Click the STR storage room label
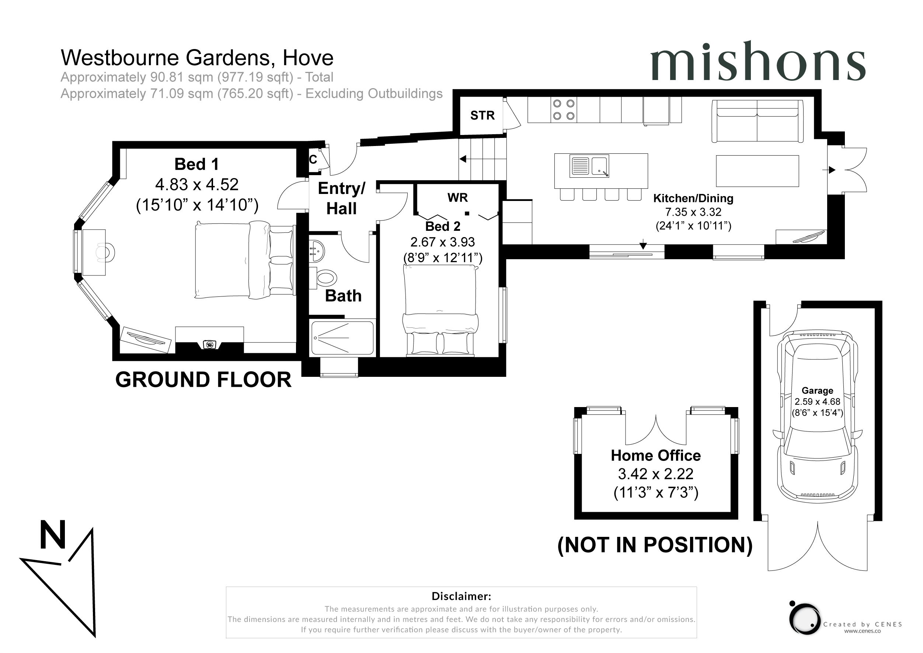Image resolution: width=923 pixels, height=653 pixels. coord(483,115)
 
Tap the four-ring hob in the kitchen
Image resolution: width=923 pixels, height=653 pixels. coord(564,110)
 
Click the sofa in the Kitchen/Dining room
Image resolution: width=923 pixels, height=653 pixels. coord(757,121)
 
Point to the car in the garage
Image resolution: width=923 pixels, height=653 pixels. coord(817,417)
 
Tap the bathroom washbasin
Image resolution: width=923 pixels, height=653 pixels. coord(316,251)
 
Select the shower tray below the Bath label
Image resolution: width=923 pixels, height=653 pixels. coord(342,338)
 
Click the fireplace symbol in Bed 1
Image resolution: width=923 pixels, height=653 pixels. coord(209,344)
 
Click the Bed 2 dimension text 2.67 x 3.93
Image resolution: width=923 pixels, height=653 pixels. coord(442,242)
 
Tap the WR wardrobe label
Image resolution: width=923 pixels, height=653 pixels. coord(457,198)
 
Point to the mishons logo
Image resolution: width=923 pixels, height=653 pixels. coord(758,62)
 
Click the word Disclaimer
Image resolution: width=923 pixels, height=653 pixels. coord(461,596)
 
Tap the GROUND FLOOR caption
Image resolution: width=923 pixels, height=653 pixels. coord(203,379)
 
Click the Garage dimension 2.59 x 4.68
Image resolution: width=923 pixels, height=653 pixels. coord(817,402)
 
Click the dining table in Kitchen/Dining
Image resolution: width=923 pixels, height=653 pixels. coord(757,171)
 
